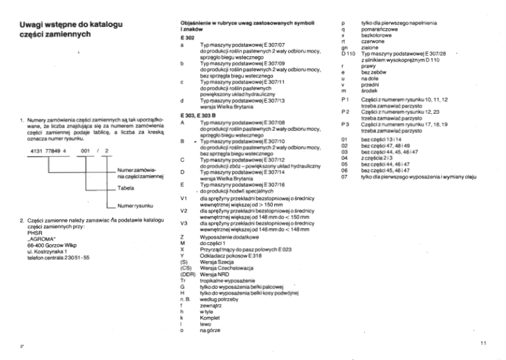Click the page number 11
tap(482, 343)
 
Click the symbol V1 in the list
tap(183, 199)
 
